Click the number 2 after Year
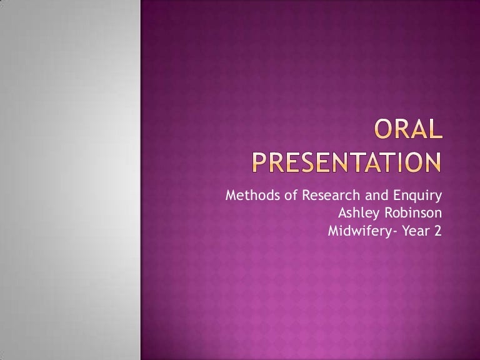click(438, 231)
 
